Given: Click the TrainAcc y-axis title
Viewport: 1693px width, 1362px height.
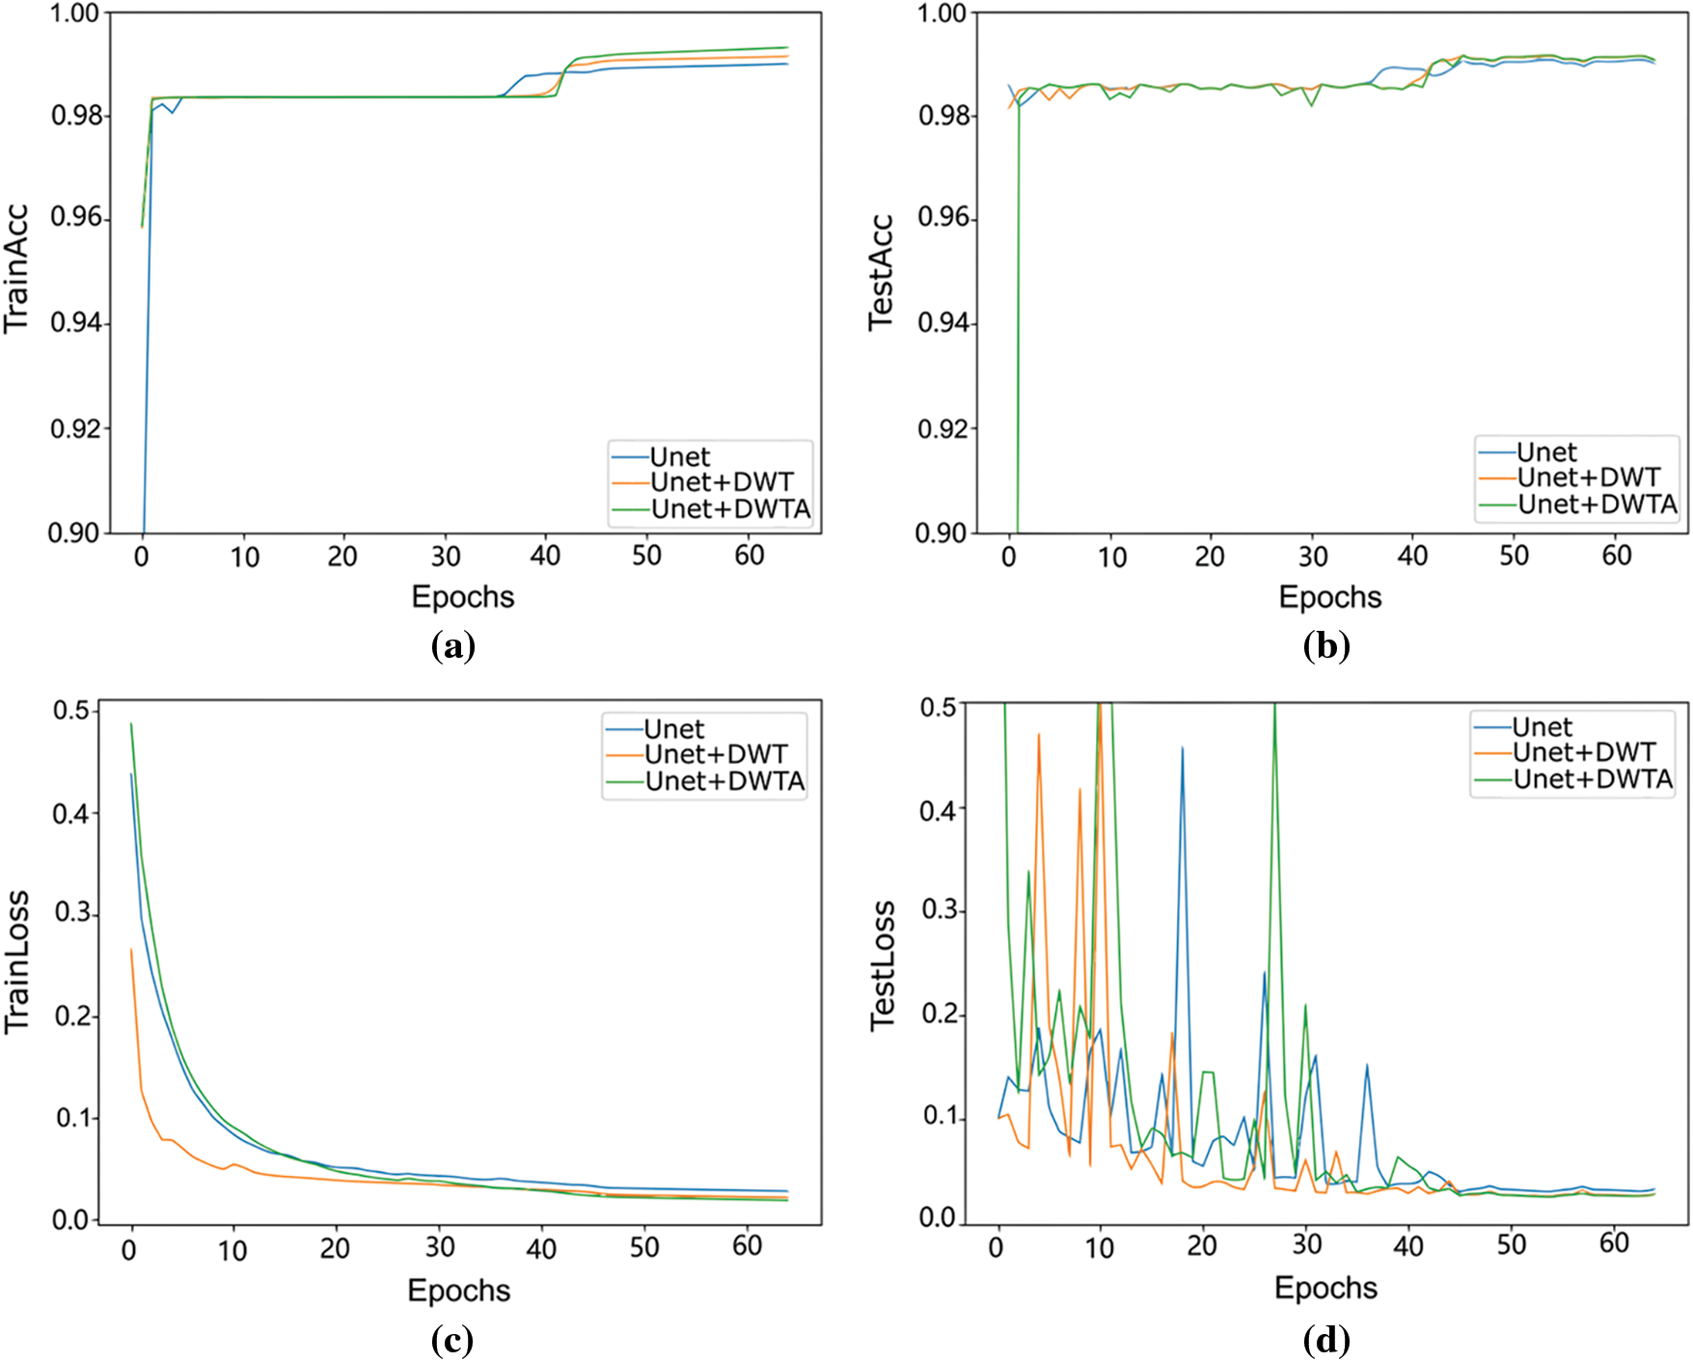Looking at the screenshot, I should pos(16,269).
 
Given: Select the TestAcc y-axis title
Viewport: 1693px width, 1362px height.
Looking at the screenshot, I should pos(882,273).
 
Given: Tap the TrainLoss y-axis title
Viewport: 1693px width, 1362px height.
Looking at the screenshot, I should pos(16,962).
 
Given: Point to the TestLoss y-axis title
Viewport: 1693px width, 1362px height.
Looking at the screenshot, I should pos(883,966).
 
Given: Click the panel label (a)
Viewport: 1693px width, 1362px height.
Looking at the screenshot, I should pos(452,645).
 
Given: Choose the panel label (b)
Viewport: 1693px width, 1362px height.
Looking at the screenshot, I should pos(1326,645).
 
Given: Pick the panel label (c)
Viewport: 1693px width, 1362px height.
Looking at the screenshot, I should pos(452,1340).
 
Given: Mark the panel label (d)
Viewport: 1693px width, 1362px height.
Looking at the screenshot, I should pos(1326,1340).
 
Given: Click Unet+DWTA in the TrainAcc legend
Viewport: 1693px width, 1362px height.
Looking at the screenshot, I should pos(730,509).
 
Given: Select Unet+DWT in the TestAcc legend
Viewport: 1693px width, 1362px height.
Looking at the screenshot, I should pos(1588,477).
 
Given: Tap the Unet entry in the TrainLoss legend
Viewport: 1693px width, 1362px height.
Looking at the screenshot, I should pos(673,729).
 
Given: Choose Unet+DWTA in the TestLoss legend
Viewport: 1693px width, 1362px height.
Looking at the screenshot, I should pos(1593,779).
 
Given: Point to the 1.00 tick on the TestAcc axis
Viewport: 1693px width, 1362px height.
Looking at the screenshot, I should pos(942,14).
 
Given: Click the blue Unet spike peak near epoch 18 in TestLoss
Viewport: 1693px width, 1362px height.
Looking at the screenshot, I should pos(1182,748).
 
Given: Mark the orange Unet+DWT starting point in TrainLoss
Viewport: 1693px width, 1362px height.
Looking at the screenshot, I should pos(131,949).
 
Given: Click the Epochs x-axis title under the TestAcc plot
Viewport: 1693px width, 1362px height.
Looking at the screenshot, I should pos(1329,597).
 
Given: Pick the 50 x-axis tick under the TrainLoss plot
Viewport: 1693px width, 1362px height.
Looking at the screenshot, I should pos(643,1247).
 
